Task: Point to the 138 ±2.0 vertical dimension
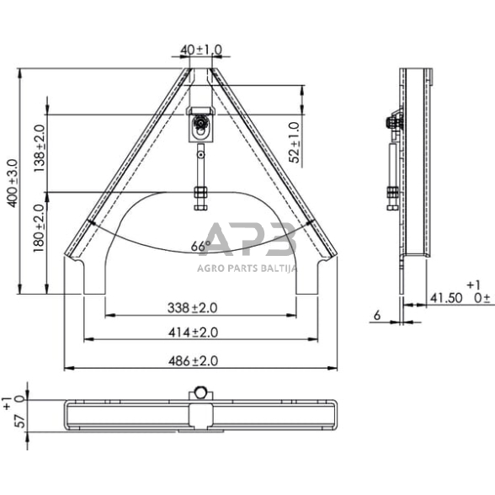(x=39, y=148)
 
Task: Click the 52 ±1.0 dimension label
(x=294, y=141)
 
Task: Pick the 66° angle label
(x=200, y=247)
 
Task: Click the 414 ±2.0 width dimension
(x=200, y=333)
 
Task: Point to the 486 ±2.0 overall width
(x=200, y=360)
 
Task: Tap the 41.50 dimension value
(x=445, y=297)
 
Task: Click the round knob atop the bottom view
(x=200, y=392)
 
